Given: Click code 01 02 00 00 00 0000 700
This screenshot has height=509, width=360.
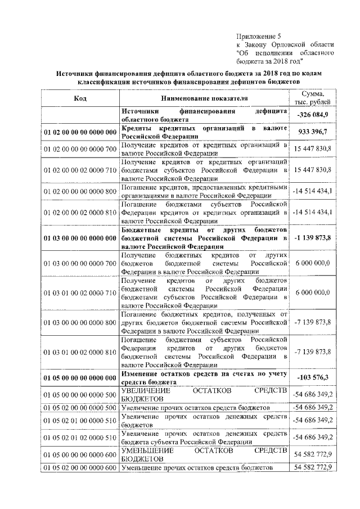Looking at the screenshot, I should coord(79,148).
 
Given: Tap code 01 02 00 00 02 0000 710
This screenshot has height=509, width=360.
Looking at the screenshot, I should coord(79,169).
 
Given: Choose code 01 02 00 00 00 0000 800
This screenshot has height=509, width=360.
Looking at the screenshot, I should coord(79,191).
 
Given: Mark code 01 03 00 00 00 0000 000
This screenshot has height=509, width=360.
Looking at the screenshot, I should coord(79,238).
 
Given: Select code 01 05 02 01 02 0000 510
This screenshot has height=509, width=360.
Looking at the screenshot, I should coord(79,436).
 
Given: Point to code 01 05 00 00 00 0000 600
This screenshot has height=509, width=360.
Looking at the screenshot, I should coord(79,454).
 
